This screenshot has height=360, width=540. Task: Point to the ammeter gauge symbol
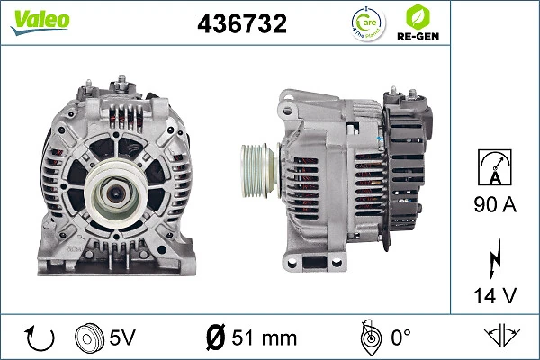click(495, 168)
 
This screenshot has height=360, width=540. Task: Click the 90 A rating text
click(495, 205)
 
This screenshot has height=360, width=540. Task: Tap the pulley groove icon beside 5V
click(87, 338)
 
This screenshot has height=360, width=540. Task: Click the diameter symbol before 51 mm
click(215, 338)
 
